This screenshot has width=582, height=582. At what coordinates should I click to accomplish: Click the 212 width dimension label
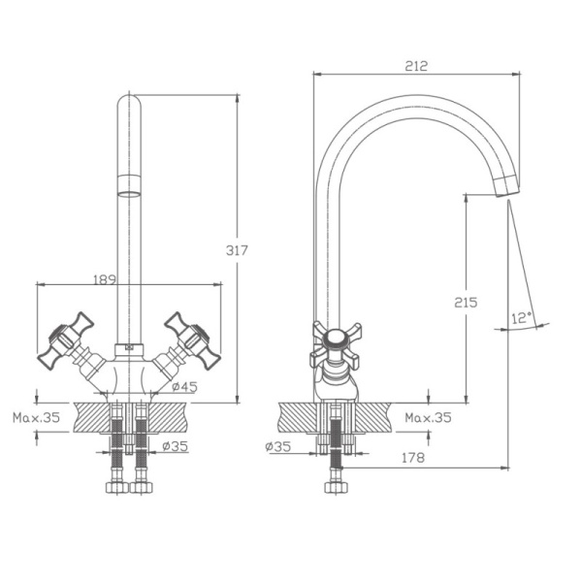(416, 66)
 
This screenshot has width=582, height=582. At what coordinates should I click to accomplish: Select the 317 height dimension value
(237, 250)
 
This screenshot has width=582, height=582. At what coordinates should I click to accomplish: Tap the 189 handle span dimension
(105, 279)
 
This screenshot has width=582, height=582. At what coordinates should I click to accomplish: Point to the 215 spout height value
(466, 303)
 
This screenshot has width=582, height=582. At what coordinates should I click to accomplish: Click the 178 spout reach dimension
(413, 458)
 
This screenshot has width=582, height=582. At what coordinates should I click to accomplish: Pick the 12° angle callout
(522, 318)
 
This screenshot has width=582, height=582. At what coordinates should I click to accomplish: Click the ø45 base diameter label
(184, 387)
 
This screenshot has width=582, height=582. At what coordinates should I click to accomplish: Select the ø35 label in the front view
(176, 446)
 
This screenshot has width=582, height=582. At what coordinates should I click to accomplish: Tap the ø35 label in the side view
(278, 446)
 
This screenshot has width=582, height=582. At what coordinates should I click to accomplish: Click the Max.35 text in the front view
(37, 417)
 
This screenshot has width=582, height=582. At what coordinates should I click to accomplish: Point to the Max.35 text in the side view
(428, 417)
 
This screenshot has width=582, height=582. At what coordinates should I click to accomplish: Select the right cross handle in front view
(192, 340)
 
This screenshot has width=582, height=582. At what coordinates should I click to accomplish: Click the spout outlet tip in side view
(507, 187)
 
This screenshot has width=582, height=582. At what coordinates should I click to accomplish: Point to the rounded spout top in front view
(129, 102)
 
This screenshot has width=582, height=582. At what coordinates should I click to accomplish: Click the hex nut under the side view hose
(336, 487)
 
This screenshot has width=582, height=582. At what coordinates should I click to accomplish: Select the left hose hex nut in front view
(117, 487)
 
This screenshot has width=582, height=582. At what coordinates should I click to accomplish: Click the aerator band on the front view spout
(129, 185)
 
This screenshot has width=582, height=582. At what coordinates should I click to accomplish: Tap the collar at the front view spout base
(129, 349)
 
